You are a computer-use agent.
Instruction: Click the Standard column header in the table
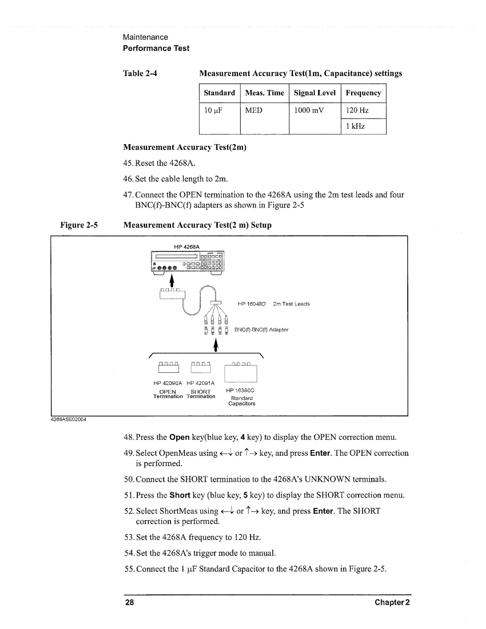[219, 93]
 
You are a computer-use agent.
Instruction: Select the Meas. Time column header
[265, 93]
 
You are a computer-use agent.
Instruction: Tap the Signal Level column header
[315, 93]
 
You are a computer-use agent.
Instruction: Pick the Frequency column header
[363, 93]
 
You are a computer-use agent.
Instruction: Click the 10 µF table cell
[214, 111]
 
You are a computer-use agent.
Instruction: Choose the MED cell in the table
[253, 111]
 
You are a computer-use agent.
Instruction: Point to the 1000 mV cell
[309, 111]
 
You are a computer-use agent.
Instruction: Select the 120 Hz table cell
[358, 111]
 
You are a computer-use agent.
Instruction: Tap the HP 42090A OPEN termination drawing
[167, 367]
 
